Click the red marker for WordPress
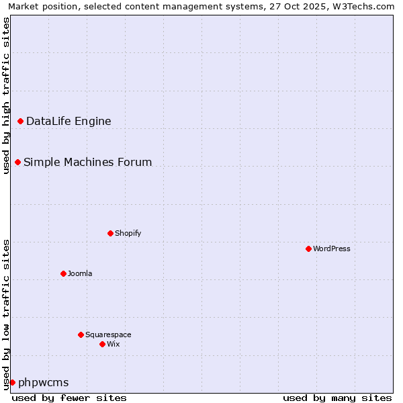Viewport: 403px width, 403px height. point(308,249)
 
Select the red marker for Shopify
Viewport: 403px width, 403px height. point(110,233)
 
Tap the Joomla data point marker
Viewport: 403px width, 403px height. point(63,273)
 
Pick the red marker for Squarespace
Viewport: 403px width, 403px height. point(81,334)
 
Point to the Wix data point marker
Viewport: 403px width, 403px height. point(102,344)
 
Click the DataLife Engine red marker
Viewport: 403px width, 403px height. point(20,121)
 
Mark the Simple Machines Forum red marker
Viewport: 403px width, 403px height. point(17,162)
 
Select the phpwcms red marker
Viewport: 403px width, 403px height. point(12,382)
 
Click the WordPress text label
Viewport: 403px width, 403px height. point(332,249)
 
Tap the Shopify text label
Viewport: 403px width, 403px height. point(128,233)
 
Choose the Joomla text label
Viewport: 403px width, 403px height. point(80,273)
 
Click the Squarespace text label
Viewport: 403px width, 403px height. point(108,334)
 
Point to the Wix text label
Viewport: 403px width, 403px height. point(114,344)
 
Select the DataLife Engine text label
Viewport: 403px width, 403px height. point(69,121)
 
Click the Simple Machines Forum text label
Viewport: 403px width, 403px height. point(87,162)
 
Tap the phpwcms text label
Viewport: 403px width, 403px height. point(44,382)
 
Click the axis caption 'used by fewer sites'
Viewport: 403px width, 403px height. point(69,398)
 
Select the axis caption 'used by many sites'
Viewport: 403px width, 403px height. point(337,398)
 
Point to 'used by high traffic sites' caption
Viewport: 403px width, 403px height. point(6,95)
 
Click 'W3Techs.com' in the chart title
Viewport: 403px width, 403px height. point(365,6)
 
